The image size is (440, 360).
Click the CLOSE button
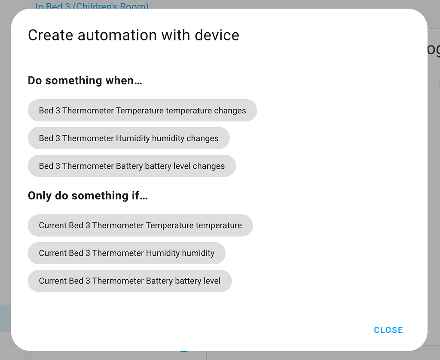coord(388,330)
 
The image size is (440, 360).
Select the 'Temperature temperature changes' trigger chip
coord(142,110)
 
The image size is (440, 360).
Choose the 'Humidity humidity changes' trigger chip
coord(128,138)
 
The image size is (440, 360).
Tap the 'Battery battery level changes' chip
coord(131,166)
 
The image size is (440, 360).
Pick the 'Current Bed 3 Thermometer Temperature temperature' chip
coord(140,225)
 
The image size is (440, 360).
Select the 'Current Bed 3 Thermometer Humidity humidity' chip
coord(126,253)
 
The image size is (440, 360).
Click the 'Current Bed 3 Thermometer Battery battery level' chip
coord(129,281)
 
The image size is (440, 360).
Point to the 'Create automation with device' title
coord(133,35)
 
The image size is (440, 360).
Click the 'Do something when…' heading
coord(85,80)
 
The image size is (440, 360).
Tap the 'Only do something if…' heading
coord(88,196)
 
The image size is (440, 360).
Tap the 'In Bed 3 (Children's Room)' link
coord(92,6)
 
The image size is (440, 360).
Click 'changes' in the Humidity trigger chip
coord(202,138)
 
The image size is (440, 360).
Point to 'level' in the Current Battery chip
coord(211,281)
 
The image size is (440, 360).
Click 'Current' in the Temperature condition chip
coord(53,225)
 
